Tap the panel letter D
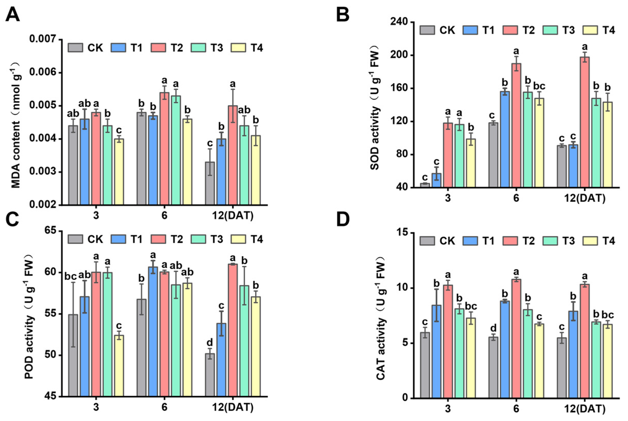pyautogui.click(x=343, y=219)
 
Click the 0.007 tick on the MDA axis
pyautogui.click(x=43, y=39)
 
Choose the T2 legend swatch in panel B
pyautogui.click(x=510, y=30)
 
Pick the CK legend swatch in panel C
pyautogui.click(x=75, y=239)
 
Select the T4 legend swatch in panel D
pyautogui.click(x=590, y=241)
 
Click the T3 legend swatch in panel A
pyautogui.click(x=198, y=48)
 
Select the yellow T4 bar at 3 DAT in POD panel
pyautogui.click(x=118, y=366)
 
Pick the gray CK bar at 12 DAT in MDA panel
pyautogui.click(x=210, y=183)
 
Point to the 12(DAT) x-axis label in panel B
pyautogui.click(x=585, y=198)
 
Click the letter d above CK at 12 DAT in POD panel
pyautogui.click(x=210, y=342)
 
